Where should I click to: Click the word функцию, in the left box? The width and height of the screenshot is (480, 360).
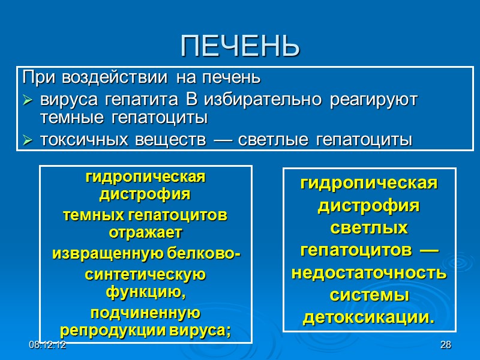(x=146, y=292)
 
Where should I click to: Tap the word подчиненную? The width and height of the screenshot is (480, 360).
(x=145, y=313)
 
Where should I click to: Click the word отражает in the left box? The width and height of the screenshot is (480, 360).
(x=145, y=231)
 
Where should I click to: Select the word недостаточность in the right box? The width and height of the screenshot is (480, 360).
(x=369, y=273)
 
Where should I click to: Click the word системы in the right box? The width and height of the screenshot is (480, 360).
(x=369, y=295)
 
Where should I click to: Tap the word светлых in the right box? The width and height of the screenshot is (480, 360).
(x=369, y=229)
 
